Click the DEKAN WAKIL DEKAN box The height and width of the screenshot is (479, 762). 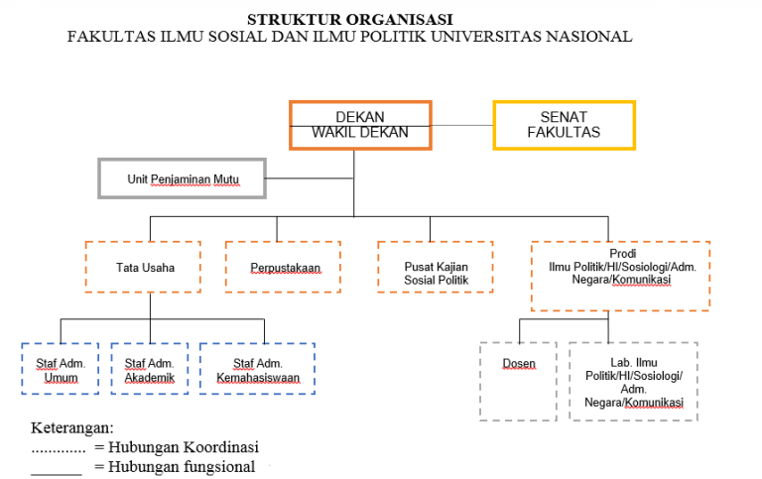point(360,125)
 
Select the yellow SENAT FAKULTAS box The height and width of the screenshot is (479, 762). point(564,125)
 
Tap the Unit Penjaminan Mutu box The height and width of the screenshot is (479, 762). point(182,180)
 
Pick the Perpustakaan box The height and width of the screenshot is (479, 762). point(284,267)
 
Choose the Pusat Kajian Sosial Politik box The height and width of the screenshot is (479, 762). point(435,267)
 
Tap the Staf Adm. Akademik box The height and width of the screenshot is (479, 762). point(149,370)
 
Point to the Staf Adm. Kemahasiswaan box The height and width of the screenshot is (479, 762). point(257,370)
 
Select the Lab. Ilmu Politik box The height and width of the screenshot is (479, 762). point(633,382)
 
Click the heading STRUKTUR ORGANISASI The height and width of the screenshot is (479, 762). point(349,19)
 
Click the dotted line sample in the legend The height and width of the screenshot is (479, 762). point(58,451)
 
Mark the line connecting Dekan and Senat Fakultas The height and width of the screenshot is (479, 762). point(462,126)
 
